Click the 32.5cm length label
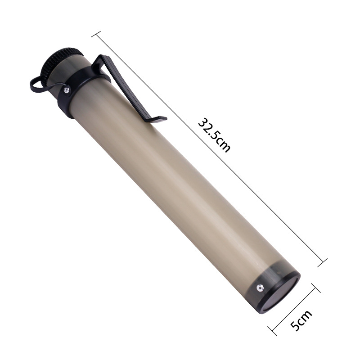pos(214,135)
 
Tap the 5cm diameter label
pos(301,320)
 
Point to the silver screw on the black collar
pos(66,90)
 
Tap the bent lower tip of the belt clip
pos(158,119)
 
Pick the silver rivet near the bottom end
pos(260,288)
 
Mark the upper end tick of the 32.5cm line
pos(96,34)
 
